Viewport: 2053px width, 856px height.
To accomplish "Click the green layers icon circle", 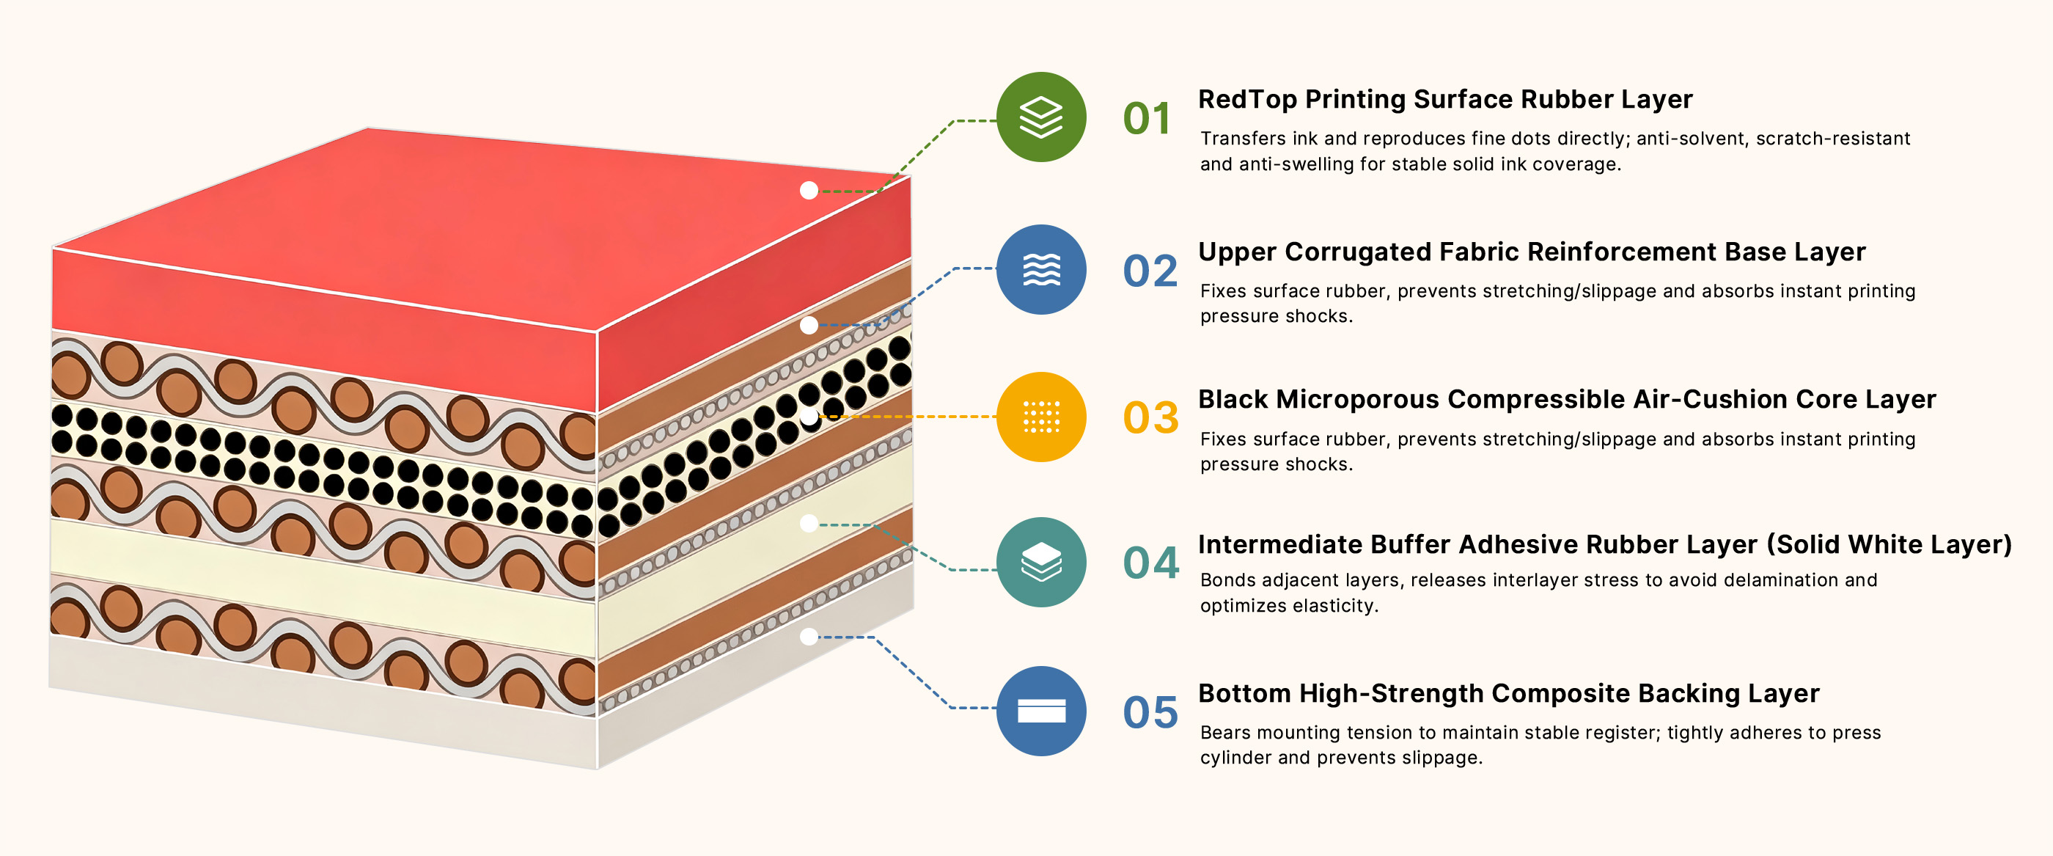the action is [1041, 117].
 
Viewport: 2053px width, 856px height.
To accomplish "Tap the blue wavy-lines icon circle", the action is [1041, 269].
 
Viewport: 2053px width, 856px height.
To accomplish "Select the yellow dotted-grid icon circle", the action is [1041, 417].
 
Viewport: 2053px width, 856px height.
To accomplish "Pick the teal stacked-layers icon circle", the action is [1041, 562].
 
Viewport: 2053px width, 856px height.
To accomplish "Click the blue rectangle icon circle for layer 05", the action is [1041, 711].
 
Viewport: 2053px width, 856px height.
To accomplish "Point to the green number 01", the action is [1147, 119].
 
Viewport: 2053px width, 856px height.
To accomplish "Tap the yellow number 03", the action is [1150, 418].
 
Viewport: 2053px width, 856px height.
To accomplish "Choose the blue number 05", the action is [1150, 712].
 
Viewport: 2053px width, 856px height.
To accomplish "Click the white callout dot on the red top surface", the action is [809, 191].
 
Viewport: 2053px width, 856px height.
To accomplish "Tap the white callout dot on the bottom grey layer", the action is [809, 637].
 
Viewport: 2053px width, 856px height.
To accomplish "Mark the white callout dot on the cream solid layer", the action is [809, 524].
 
